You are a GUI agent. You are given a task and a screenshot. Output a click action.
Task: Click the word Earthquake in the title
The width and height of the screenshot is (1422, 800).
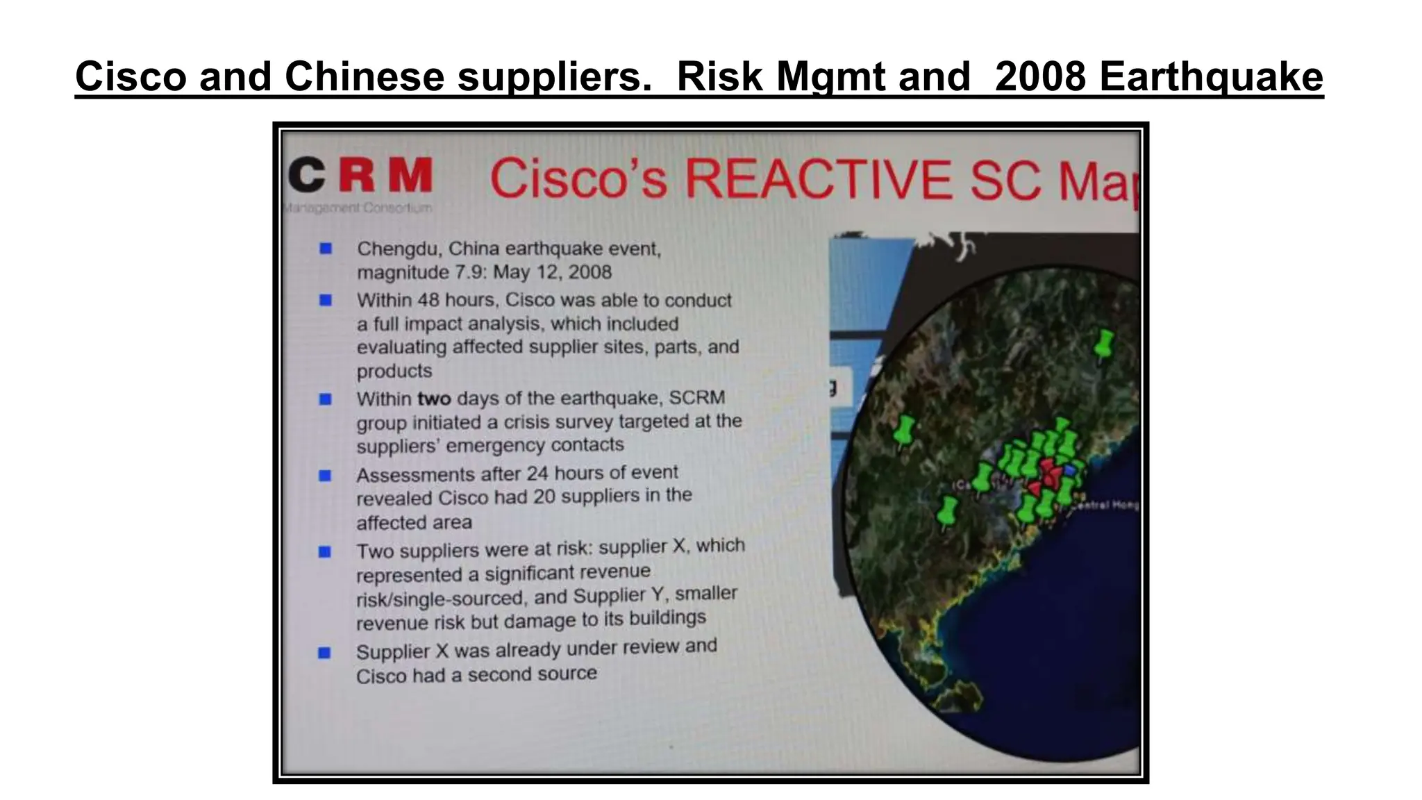tap(1211, 76)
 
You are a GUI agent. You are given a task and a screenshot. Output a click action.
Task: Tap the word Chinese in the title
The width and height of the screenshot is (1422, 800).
tap(365, 76)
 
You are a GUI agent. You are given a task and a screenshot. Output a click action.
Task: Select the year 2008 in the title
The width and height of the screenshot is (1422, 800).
tap(1040, 76)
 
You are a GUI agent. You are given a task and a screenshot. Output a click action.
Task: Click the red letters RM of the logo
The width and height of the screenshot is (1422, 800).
tap(386, 175)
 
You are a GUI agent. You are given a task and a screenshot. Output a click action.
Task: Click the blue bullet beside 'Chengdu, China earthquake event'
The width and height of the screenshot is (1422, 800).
tap(326, 249)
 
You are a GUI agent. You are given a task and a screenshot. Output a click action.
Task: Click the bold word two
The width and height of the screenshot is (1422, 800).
tap(434, 399)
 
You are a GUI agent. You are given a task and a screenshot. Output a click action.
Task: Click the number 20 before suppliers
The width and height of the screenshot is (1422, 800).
tap(544, 497)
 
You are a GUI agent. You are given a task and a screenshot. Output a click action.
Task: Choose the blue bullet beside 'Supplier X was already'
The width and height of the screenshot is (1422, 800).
tap(324, 653)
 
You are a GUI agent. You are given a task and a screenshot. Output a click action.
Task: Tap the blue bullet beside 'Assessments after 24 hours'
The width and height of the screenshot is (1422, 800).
tap(325, 476)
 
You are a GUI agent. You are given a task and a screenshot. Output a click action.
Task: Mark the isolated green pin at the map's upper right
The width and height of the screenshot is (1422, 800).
tap(1103, 343)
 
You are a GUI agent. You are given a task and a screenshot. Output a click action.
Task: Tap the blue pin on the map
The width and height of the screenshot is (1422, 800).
tap(1069, 471)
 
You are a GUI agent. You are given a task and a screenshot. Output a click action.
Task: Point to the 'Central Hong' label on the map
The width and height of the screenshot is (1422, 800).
tap(1107, 506)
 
